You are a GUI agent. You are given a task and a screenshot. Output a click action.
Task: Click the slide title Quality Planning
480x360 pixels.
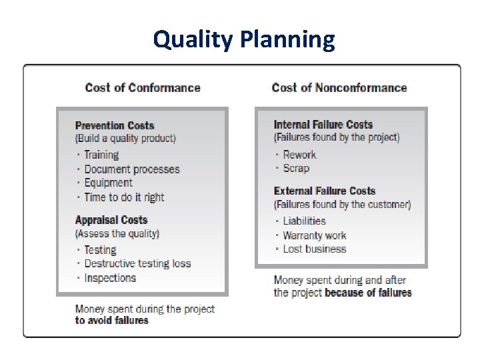[244, 39]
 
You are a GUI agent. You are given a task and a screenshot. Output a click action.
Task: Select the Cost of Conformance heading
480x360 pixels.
[143, 87]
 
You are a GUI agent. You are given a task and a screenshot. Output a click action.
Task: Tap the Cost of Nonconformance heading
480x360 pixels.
[339, 87]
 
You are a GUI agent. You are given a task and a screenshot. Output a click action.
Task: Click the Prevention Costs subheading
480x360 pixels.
[115, 125]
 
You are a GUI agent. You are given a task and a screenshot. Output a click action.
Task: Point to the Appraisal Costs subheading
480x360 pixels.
[111, 220]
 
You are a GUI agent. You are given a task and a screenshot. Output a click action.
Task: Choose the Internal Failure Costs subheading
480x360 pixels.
[323, 124]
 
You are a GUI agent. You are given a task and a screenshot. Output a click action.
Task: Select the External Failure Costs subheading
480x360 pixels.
[325, 191]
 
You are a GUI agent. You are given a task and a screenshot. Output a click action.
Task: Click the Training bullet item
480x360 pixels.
[101, 155]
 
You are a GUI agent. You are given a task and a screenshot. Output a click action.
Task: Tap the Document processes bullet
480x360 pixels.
[132, 169]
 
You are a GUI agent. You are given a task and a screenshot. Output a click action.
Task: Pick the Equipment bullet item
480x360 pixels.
[108, 183]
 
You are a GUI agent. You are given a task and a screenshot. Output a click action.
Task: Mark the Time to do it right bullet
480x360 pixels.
[124, 197]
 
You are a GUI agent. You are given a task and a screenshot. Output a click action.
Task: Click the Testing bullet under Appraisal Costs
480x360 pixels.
[100, 250]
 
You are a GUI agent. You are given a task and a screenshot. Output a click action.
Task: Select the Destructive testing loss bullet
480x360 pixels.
[137, 264]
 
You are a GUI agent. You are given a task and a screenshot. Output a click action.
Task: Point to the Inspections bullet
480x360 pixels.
[110, 278]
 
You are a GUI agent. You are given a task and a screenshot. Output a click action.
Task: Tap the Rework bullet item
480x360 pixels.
[299, 155]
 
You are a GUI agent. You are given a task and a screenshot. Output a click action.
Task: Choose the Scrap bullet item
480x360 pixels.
[296, 168]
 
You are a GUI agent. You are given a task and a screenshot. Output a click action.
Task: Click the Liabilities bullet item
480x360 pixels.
[304, 221]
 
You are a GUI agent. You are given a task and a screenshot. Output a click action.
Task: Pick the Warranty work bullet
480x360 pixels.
[315, 235]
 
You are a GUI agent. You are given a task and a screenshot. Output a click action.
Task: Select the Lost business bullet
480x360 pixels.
[315, 249]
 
